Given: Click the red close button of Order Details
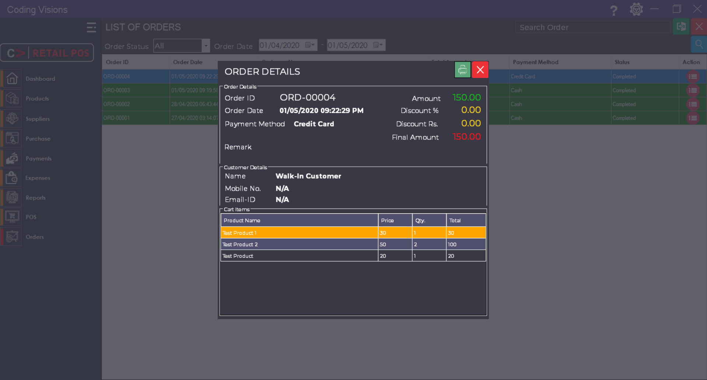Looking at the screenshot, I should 480,70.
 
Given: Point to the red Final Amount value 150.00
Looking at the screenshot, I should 466,137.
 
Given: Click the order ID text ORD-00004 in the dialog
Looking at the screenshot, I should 308,98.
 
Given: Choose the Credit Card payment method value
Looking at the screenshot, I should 314,124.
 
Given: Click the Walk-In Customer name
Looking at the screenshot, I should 308,176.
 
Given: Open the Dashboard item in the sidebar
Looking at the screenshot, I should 40,79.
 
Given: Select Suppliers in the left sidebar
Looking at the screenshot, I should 38,119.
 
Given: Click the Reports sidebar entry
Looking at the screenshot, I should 36,198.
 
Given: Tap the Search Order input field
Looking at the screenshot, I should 592,27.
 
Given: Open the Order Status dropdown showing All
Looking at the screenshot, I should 181,46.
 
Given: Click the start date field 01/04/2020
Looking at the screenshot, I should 280,45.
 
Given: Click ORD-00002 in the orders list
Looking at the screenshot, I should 116,104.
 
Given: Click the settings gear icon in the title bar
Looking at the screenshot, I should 636,9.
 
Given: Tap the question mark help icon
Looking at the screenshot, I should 613,10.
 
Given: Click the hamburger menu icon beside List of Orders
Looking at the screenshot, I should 91,27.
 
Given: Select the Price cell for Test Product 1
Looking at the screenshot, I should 395,233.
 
